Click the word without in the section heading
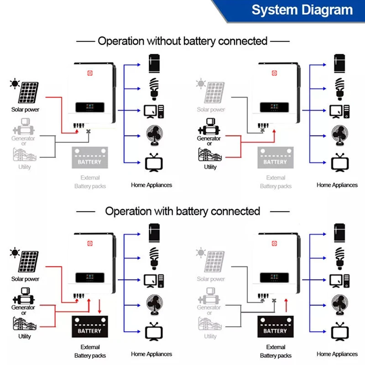[164, 41]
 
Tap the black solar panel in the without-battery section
[29, 93]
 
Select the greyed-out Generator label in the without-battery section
[23, 138]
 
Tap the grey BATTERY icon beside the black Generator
[275, 158]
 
